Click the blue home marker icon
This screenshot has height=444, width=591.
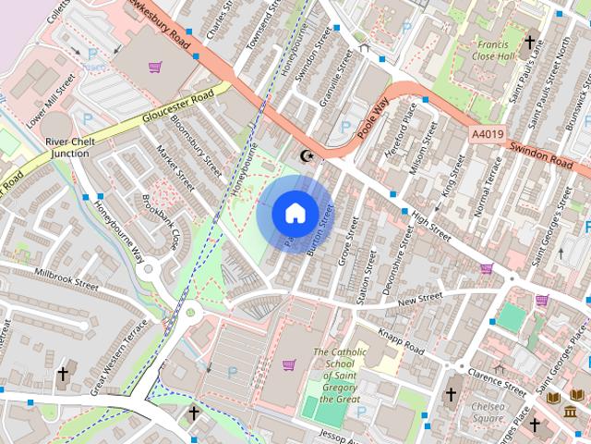[x=295, y=212]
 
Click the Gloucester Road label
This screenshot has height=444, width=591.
[x=185, y=107]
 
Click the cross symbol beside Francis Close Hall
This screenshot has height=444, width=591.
[x=530, y=42]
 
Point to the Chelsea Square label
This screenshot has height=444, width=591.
[x=487, y=412]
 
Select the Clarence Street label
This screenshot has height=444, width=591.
[x=497, y=381]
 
